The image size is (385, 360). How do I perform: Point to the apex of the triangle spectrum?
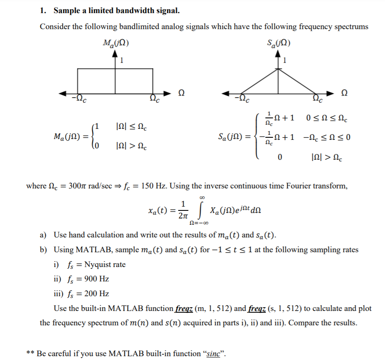click(x=278, y=68)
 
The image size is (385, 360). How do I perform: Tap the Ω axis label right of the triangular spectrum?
click(x=345, y=93)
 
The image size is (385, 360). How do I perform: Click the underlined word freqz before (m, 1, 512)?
click(x=185, y=308)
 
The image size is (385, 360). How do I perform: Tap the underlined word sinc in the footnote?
click(x=215, y=354)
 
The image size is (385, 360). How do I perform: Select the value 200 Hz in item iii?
click(x=97, y=294)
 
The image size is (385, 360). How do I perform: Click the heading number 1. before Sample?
click(x=43, y=10)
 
